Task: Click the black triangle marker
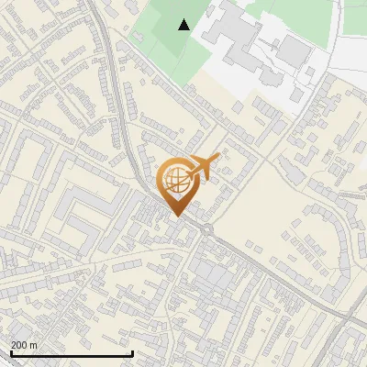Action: pyautogui.click(x=184, y=25)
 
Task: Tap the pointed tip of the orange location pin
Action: pyautogui.click(x=176, y=216)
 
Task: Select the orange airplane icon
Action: pyautogui.click(x=205, y=167)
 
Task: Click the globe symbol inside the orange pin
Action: pyautogui.click(x=176, y=182)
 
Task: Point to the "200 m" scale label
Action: pyautogui.click(x=24, y=345)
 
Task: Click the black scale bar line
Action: pyautogui.click(x=72, y=353)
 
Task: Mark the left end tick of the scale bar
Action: pyautogui.click(x=11, y=353)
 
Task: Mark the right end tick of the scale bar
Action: pyautogui.click(x=132, y=353)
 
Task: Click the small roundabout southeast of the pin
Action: pyautogui.click(x=208, y=228)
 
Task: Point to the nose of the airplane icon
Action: pyautogui.click(x=218, y=159)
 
